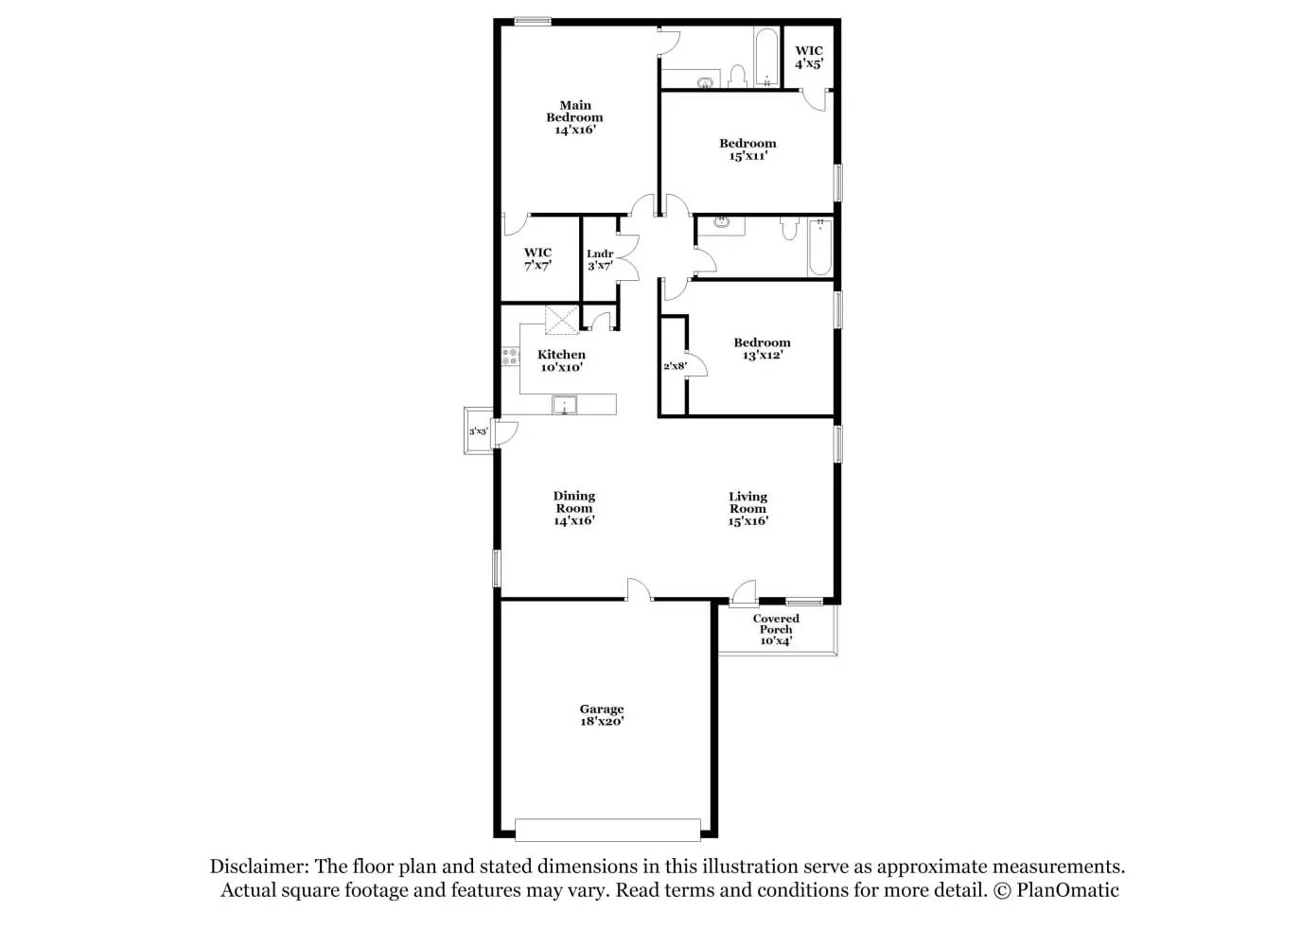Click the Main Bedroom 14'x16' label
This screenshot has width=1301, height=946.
tap(574, 118)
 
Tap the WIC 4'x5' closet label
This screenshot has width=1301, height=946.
tap(808, 58)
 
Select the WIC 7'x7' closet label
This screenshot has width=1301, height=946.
tap(537, 259)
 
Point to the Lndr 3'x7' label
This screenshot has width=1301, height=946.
tap(600, 260)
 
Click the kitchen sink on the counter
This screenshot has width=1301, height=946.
tap(565, 406)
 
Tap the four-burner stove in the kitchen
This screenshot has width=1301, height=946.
tap(511, 357)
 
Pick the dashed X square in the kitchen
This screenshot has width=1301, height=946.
tap(561, 321)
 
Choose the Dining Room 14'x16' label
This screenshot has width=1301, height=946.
tap(573, 508)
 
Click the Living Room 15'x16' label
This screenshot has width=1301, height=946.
tap(747, 509)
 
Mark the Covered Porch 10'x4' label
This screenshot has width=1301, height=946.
tap(776, 630)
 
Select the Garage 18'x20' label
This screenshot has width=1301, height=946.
tap(602, 715)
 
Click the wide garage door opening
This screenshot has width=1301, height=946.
tap(607, 830)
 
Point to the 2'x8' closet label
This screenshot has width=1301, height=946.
tap(674, 366)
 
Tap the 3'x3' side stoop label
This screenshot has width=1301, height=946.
tap(478, 431)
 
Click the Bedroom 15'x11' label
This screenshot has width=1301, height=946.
tap(747, 149)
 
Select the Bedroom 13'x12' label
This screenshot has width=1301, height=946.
tap(762, 349)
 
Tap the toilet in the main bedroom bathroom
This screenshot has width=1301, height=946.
tap(738, 75)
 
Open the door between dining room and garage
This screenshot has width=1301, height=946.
tap(639, 591)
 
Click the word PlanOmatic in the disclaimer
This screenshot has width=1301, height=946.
tap(1067, 890)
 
